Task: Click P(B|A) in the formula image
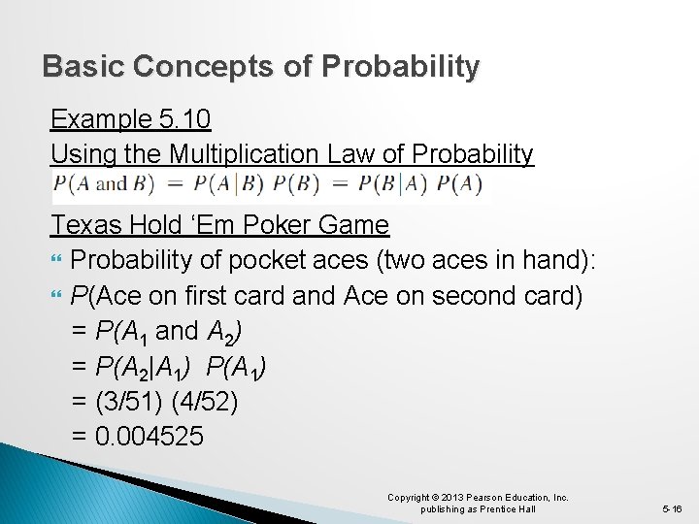(389, 183)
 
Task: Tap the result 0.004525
(150, 436)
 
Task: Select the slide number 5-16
(673, 508)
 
